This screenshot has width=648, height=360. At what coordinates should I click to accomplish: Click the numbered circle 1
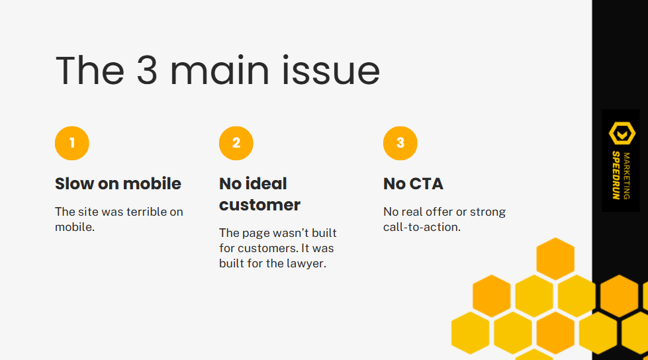71,143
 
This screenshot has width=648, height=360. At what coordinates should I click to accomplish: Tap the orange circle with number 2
236,143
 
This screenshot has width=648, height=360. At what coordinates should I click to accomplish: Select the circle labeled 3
400,143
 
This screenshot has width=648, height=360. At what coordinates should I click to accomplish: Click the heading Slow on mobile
118,183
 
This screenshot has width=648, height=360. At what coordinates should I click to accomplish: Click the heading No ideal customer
259,194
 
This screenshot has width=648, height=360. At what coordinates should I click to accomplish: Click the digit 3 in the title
147,71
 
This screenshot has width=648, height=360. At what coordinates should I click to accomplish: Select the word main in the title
223,71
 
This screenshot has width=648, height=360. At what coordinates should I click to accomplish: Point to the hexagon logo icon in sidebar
622,133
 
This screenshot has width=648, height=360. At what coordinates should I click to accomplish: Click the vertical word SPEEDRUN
616,175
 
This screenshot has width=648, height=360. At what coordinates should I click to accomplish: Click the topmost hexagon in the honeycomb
555,258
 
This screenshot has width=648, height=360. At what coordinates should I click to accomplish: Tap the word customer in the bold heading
259,204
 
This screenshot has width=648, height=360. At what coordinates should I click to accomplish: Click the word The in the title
89,71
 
